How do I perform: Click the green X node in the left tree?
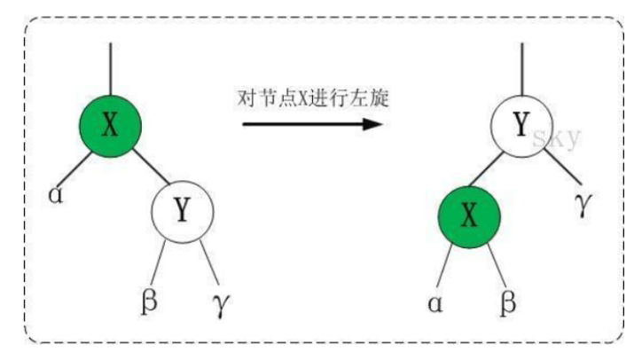109,125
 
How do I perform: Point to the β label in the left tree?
150,299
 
